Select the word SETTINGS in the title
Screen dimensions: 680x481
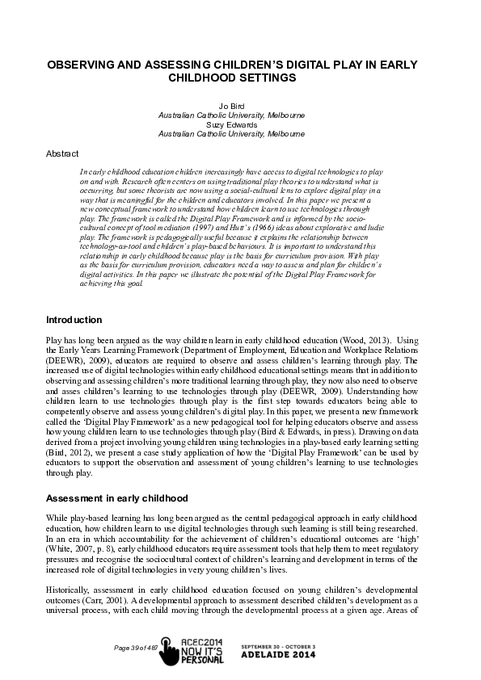pyautogui.click(x=261, y=78)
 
